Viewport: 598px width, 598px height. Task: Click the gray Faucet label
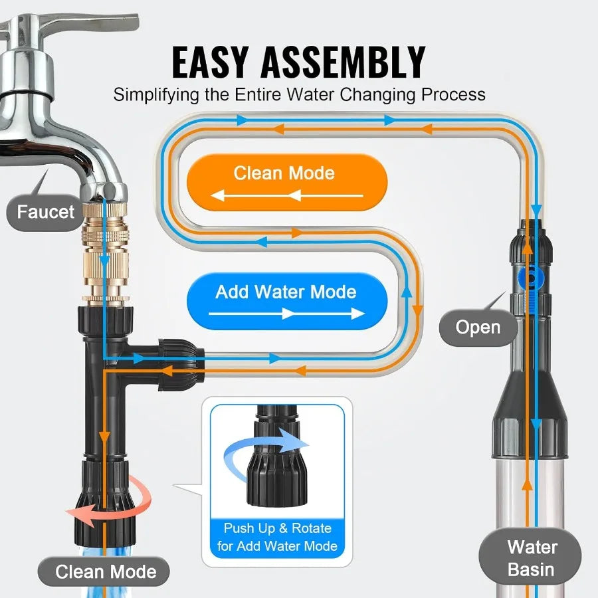(x=46, y=213)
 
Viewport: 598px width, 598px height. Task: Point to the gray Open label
(x=478, y=327)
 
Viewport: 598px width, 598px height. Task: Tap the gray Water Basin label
(x=531, y=558)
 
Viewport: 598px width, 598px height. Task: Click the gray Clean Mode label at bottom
(x=104, y=571)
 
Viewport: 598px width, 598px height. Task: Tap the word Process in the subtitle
(x=451, y=94)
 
